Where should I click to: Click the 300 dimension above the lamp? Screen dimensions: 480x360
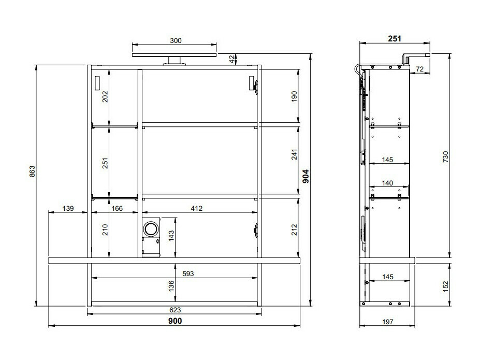click(176, 41)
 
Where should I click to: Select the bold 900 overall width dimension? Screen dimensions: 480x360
click(175, 321)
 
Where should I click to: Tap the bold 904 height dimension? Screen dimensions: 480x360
click(306, 176)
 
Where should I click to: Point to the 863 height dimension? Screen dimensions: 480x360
click(32, 171)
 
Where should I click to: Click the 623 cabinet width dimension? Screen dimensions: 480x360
click(175, 310)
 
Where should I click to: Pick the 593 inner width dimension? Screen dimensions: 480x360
click(188, 273)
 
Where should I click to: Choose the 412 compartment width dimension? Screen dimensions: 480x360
click(197, 208)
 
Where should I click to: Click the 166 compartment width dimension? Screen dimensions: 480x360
click(117, 208)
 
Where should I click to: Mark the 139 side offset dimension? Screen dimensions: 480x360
click(68, 208)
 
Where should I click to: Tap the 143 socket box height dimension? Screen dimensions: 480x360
click(171, 236)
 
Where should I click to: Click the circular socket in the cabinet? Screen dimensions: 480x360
click(151, 228)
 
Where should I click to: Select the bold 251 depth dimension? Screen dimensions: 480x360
click(395, 38)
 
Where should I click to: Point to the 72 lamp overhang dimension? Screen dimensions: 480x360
click(419, 69)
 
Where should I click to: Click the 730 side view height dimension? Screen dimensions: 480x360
click(445, 157)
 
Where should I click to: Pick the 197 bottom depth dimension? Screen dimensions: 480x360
click(387, 322)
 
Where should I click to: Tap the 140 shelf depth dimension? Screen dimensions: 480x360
click(387, 183)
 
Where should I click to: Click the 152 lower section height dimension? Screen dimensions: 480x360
click(445, 286)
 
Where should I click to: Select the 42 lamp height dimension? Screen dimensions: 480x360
click(233, 60)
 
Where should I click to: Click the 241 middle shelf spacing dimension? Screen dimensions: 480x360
click(294, 154)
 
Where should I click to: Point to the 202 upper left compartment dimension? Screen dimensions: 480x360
click(105, 97)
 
